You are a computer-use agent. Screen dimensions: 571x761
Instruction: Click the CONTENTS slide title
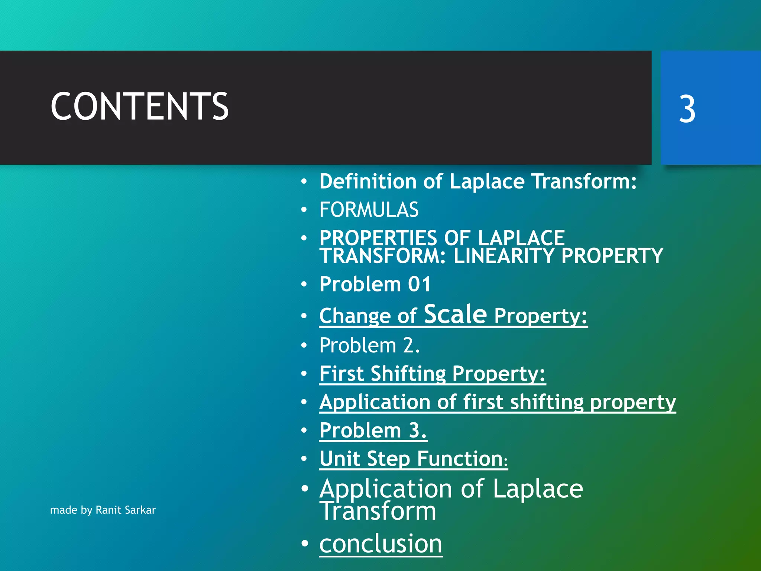[139, 107]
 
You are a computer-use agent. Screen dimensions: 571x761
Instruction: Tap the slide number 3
[687, 109]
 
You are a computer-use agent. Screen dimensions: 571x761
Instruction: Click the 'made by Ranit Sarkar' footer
[103, 510]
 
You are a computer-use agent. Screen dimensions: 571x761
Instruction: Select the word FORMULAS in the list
[369, 210]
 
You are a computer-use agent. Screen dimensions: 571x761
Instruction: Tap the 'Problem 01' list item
[375, 284]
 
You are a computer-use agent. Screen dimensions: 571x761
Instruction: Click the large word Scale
[455, 314]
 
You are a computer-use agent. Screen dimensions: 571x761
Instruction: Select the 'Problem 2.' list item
[369, 345]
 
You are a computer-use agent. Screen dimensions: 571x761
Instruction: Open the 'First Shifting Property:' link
[432, 374]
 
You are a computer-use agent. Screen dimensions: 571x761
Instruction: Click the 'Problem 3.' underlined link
[373, 430]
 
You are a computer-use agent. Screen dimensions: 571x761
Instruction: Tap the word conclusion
[380, 543]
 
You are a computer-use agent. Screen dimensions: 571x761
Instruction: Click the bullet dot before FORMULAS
[304, 210]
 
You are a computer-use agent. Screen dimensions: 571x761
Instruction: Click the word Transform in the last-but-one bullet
[378, 512]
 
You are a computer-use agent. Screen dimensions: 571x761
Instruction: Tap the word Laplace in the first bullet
[487, 181]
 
